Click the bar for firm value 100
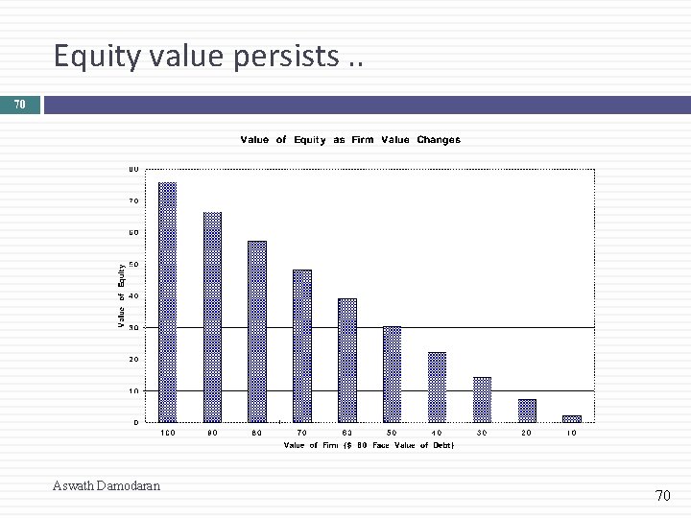pos(167,302)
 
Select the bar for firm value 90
pos(212,318)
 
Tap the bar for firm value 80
pos(257,332)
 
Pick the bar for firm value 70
pos(302,346)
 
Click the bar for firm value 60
pos(347,361)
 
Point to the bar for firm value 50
pos(392,374)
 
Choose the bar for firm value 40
pos(437,388)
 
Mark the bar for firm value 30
pos(482,400)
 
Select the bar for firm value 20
pos(527,411)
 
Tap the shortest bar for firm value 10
pos(572,418)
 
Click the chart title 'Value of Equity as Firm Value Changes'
pos(350,140)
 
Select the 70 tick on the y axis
pos(133,200)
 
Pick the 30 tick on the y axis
pos(133,327)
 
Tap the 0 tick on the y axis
pos(135,422)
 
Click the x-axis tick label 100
pos(167,433)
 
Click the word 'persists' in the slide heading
pos(278,58)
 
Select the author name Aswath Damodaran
pos(107,485)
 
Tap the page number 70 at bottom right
pos(662,495)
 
